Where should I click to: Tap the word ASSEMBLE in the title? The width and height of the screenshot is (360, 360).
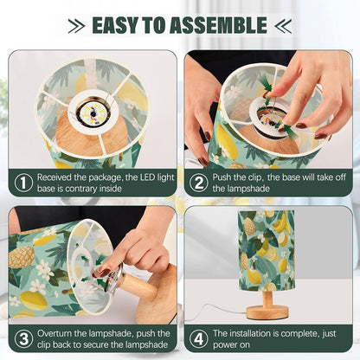[218, 25]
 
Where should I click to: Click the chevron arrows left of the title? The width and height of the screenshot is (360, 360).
[76, 26]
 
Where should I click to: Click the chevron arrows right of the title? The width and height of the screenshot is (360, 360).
[283, 26]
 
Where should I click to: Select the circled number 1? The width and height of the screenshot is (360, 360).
[23, 183]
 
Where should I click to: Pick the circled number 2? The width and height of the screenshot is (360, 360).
[199, 183]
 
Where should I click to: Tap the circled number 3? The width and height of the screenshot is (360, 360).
[23, 338]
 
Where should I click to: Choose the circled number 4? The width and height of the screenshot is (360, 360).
[199, 338]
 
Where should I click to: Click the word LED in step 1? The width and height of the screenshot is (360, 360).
[147, 177]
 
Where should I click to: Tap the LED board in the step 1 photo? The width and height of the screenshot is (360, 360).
[93, 114]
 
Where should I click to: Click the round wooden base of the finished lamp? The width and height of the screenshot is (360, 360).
[267, 312]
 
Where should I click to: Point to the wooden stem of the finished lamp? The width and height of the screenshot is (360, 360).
[267, 299]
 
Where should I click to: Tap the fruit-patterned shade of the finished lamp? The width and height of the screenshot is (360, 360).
[267, 250]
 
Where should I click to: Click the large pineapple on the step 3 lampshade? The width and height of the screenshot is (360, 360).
[21, 257]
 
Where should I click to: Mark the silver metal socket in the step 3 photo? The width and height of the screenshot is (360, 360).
[112, 277]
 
